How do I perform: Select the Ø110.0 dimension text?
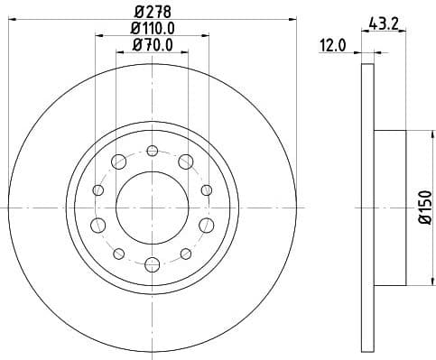pyautogui.click(x=152, y=29)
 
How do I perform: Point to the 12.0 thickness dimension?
pyautogui.click(x=333, y=45)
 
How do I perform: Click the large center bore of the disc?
pyautogui.click(x=152, y=207)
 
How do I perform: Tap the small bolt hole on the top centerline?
pyautogui.click(x=152, y=150)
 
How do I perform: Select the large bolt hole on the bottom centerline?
pyautogui.click(x=152, y=263)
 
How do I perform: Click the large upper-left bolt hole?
pyautogui.click(x=118, y=162)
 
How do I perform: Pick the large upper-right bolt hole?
pyautogui.click(x=185, y=162)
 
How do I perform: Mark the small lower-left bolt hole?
pyautogui.click(x=118, y=253)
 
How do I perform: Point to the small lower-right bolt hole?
pyautogui.click(x=185, y=253)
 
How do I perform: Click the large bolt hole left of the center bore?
pyautogui.click(x=98, y=224)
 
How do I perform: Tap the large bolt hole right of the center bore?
pyautogui.click(x=205, y=224)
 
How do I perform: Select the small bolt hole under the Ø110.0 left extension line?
pyautogui.click(x=97, y=189)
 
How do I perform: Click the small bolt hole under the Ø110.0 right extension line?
pyautogui.click(x=206, y=189)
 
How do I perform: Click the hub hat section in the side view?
pyautogui.click(x=390, y=207)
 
